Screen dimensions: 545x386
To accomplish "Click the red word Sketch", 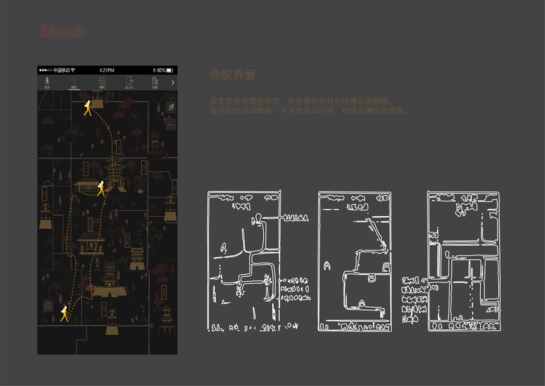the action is pyautogui.click(x=63, y=32).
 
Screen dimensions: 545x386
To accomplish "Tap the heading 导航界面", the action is pyautogui.click(x=233, y=75).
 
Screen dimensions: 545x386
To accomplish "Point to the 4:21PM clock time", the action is pyautogui.click(x=107, y=69).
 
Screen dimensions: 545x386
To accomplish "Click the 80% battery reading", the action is pyautogui.click(x=160, y=69).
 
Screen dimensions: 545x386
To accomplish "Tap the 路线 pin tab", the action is pyautogui.click(x=74, y=82).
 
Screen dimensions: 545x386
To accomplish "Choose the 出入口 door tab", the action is pyautogui.click(x=129, y=82).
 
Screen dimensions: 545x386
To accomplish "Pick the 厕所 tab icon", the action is pyautogui.click(x=101, y=82).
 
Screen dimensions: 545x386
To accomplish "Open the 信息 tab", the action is pyautogui.click(x=155, y=82).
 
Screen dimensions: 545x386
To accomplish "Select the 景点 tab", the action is pyautogui.click(x=47, y=82).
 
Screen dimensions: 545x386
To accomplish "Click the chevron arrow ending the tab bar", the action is pyautogui.click(x=172, y=82).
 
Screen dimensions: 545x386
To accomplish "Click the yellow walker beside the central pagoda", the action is pyautogui.click(x=101, y=188).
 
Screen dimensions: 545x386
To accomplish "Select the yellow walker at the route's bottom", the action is pyautogui.click(x=65, y=314).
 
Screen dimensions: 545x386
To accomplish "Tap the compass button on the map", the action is pyautogui.click(x=171, y=106).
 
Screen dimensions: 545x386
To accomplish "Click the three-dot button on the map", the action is pyautogui.click(x=171, y=124).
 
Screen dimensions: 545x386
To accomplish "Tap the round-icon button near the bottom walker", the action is pyautogui.click(x=47, y=306).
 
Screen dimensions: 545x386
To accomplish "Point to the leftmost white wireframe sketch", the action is pyautogui.click(x=244, y=261).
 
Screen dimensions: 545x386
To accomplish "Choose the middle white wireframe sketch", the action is pyautogui.click(x=355, y=261).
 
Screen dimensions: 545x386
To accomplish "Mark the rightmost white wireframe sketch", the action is pyautogui.click(x=463, y=261).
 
